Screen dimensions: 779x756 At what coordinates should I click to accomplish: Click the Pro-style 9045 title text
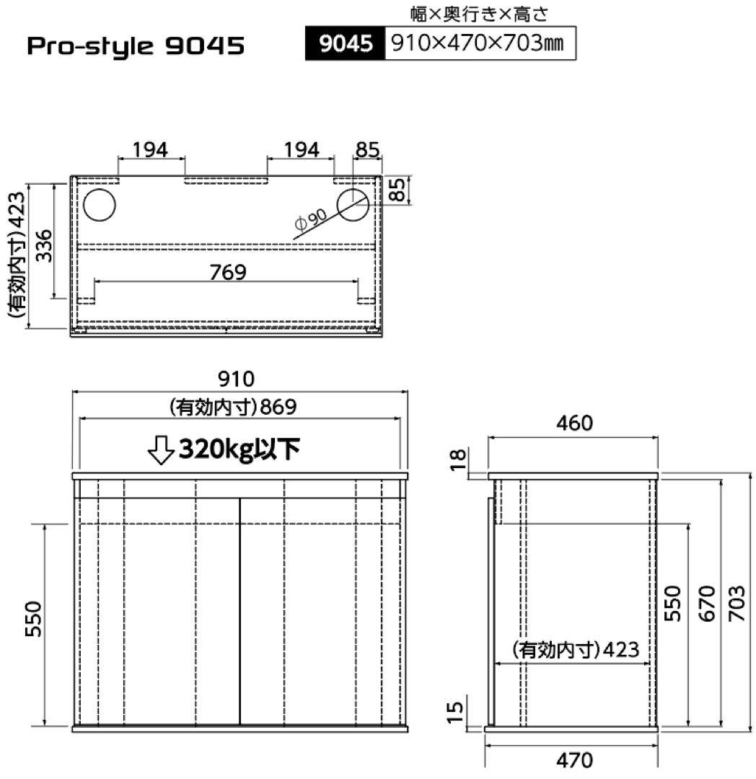pos(136,47)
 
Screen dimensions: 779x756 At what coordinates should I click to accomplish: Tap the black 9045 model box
pos(345,45)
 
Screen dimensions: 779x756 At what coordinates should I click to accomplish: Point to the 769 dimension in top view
pos(227,273)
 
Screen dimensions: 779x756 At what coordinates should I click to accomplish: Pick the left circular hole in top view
pos(99,206)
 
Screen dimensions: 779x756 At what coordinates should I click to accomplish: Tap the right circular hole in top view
pos(353,206)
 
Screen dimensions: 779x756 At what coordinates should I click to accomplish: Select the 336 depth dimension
pos(43,246)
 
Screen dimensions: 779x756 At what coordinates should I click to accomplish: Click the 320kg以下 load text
pos(239,449)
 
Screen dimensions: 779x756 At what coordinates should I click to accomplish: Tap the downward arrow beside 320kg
pos(159,450)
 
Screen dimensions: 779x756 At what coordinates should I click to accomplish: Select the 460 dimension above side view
pos(573,423)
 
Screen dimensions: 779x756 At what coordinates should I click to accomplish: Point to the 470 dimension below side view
pos(575,759)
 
